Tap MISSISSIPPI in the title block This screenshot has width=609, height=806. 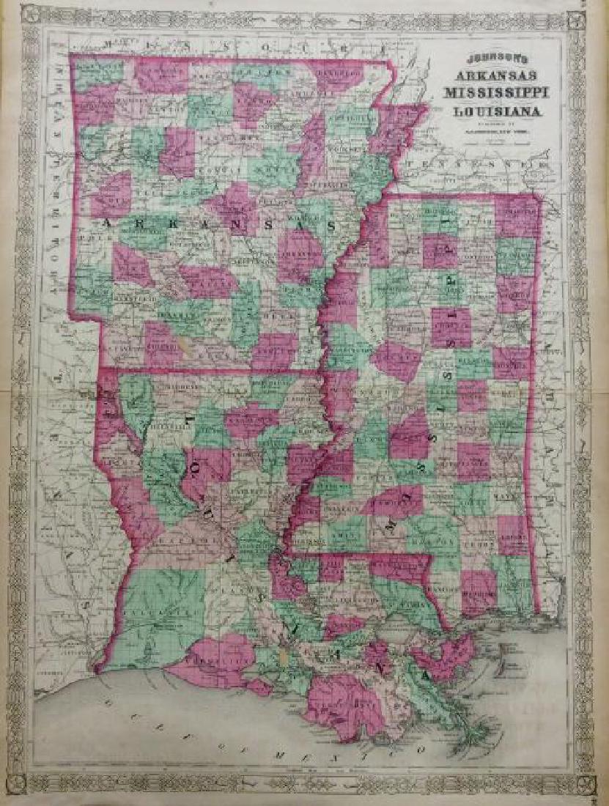click(x=493, y=94)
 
